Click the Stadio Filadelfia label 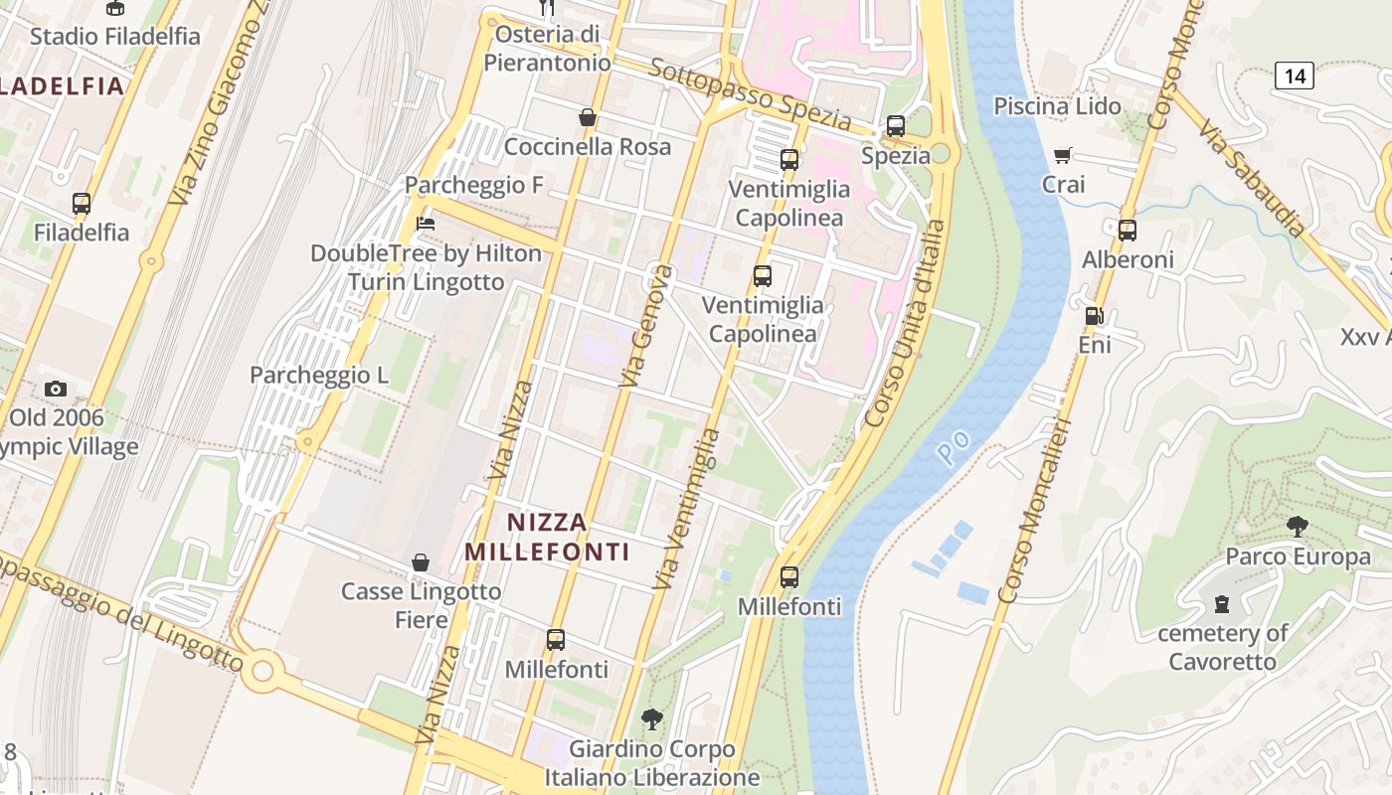click(114, 36)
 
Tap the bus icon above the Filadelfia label click(82, 204)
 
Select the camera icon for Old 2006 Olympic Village click(56, 389)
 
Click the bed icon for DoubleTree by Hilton click(426, 224)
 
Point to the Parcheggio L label click(319, 376)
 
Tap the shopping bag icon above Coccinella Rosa click(588, 117)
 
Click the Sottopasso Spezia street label click(751, 95)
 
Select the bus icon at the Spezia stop click(896, 126)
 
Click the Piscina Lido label click(1057, 105)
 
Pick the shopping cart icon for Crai click(1063, 155)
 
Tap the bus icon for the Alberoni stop click(1128, 231)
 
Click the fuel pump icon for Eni click(1094, 316)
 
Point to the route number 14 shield click(1295, 75)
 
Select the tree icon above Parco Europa click(1297, 527)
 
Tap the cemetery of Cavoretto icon click(1222, 603)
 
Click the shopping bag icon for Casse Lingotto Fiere click(421, 562)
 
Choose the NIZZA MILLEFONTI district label click(547, 537)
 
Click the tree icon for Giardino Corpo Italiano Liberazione click(652, 717)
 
